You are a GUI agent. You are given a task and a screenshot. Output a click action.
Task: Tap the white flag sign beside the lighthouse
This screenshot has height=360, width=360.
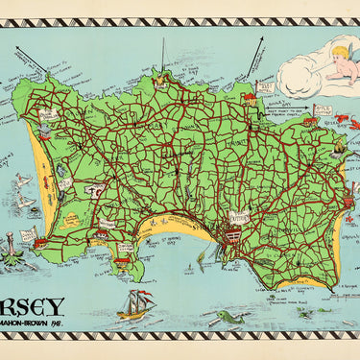[28, 234]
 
